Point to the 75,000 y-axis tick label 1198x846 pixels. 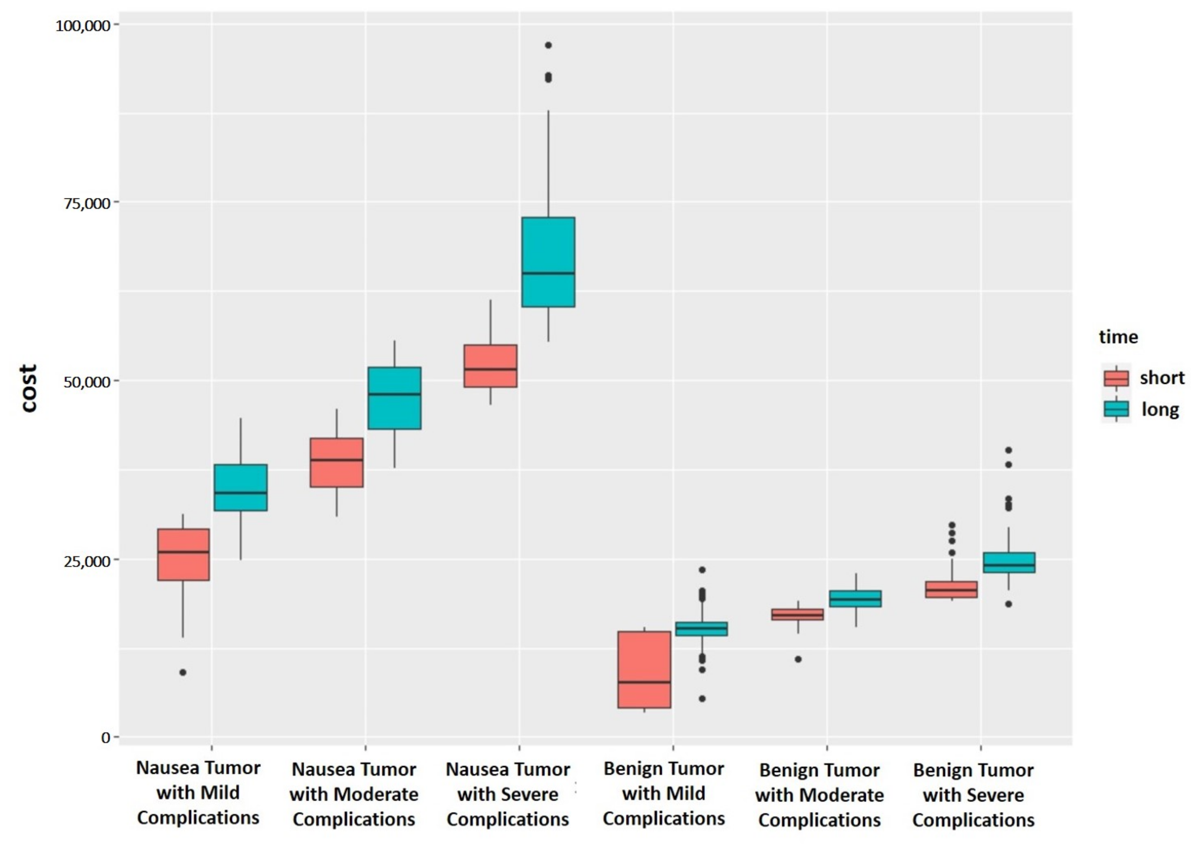(87, 203)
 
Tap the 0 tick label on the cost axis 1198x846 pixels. (106, 737)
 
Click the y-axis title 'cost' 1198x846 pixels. (29, 388)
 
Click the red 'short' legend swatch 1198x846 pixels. (1116, 378)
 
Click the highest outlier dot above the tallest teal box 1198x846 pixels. (548, 45)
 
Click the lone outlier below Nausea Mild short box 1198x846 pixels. (183, 673)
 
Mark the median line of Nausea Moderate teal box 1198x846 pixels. (394, 394)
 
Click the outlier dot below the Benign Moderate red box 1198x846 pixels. (798, 659)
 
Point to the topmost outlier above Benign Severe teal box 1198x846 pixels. (1009, 450)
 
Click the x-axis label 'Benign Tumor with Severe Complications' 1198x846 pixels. (973, 795)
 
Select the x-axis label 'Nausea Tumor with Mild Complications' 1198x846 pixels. (198, 793)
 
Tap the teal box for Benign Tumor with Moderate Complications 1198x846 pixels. (856, 599)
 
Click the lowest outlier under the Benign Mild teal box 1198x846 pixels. (702, 698)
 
